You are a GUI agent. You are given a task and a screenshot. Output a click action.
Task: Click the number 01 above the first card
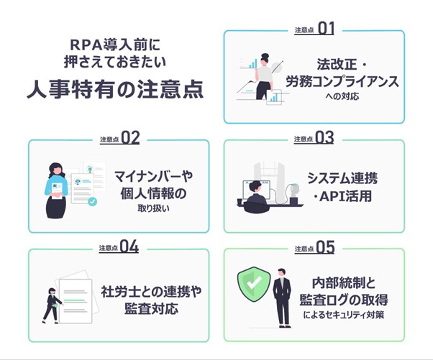(326, 29)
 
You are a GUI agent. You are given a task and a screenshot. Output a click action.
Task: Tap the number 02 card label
(130, 138)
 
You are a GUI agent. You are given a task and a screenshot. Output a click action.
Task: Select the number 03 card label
(324, 137)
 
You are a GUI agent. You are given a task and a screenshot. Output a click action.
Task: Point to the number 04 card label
(129, 246)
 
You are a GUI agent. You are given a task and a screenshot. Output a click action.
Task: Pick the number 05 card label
(325, 247)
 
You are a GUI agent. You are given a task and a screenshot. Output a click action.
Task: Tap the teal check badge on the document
(93, 202)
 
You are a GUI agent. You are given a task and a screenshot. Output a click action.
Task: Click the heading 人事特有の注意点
(115, 89)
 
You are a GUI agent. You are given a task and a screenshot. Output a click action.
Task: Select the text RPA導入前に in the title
(115, 45)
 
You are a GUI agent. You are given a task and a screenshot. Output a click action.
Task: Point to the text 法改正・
(342, 64)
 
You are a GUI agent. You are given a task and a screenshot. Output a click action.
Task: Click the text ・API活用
(342, 196)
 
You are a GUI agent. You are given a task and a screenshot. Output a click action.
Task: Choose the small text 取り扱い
(153, 208)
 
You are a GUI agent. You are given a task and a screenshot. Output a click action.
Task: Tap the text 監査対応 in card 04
(151, 308)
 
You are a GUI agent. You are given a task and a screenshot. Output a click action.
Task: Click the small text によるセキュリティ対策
(344, 315)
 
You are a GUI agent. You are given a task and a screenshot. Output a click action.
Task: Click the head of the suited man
(281, 272)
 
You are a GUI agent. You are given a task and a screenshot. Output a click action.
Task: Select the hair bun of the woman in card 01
(265, 55)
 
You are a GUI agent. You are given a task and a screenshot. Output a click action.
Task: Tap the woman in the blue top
(57, 190)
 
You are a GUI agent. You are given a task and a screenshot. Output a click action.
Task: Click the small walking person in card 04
(52, 305)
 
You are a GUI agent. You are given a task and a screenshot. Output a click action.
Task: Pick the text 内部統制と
(344, 282)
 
